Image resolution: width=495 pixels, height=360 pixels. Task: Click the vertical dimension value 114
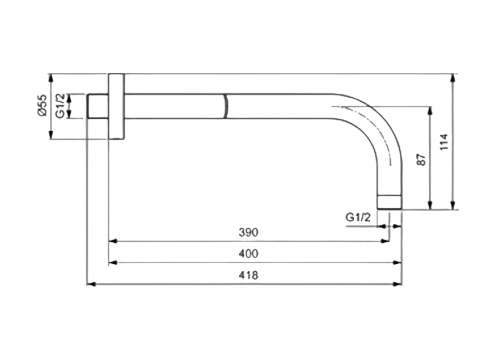[444, 142]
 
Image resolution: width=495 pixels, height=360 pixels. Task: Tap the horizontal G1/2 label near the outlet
[358, 217]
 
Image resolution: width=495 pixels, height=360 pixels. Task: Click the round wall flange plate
[116, 106]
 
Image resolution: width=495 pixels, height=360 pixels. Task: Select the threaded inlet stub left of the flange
[97, 106]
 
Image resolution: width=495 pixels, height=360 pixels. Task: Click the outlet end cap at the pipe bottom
[389, 202]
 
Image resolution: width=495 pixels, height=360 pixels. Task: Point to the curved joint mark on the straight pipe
[225, 106]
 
